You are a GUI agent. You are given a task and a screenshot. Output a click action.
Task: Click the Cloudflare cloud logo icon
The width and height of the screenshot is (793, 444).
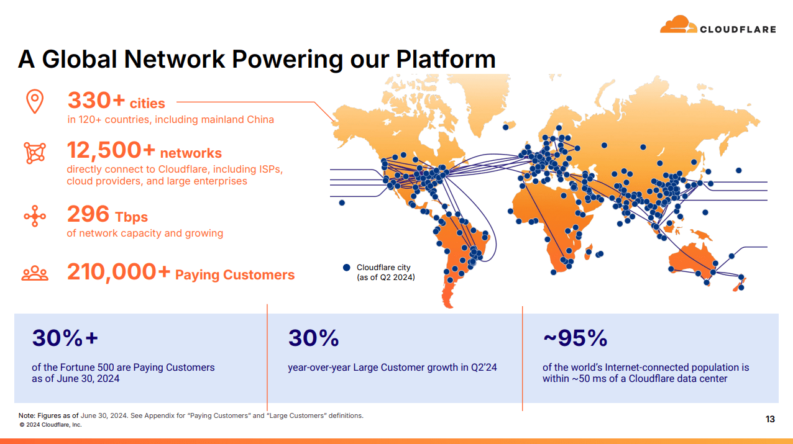coord(678,24)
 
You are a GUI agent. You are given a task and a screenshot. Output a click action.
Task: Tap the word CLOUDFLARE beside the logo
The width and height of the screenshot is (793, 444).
coord(738,29)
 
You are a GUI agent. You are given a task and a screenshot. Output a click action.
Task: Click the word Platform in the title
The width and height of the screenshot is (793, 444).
coord(446,59)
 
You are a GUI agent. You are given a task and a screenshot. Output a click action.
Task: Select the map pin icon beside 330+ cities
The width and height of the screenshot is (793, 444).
coord(35,102)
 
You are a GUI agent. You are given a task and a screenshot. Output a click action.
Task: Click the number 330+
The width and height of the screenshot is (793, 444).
coord(96,100)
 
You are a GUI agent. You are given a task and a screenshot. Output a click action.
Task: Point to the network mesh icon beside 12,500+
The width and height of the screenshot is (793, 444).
coord(35,153)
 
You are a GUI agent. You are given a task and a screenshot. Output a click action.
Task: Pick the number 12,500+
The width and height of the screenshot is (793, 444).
coord(111,150)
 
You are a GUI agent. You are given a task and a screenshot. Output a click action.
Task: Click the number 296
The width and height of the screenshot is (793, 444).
coord(88,214)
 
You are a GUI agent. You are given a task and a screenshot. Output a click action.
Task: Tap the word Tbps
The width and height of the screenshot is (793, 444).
coord(131,217)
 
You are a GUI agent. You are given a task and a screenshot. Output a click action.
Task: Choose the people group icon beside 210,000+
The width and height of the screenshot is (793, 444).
coord(35,273)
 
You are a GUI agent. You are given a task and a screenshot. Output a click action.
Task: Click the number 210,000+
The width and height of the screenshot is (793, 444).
coord(119,272)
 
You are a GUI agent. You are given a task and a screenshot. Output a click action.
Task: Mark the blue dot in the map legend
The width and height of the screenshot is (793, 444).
coord(347,268)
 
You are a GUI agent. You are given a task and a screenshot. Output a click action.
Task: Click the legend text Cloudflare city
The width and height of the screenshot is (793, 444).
coord(383,268)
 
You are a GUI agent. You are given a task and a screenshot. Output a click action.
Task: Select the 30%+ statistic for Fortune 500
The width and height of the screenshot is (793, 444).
coord(65,338)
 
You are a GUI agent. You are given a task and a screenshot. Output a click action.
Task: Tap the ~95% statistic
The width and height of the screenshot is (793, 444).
coord(575,338)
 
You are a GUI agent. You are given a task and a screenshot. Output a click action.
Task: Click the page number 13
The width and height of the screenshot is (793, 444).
coord(770,419)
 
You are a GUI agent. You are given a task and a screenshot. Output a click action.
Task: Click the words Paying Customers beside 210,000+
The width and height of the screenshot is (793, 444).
coord(235,275)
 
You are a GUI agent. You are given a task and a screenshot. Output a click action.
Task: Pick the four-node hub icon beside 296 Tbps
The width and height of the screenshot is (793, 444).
coord(35,216)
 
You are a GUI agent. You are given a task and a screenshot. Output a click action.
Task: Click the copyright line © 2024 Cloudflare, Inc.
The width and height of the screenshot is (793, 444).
coord(50,425)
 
